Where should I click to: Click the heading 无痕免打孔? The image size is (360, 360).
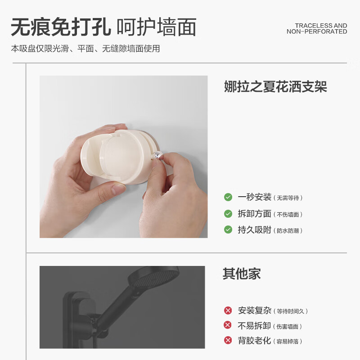point(61,27)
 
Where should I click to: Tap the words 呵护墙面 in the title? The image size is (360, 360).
point(156,27)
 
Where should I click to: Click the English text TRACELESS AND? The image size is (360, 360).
point(321,26)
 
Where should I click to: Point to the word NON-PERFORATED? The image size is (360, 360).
point(317,32)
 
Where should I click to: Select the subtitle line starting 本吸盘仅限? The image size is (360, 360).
point(85,49)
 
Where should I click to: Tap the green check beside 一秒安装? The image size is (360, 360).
point(228,197)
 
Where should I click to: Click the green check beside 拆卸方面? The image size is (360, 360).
point(228,214)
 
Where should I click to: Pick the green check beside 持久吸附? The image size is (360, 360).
point(228,230)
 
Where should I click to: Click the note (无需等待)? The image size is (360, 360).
point(289,198)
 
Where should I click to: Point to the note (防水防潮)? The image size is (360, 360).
point(288,231)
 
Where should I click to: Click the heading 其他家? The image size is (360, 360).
point(242,274)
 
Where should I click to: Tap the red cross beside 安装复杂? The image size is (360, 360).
point(228,310)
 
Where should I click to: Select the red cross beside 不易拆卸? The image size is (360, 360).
point(228,325)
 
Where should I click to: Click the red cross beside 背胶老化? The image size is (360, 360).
point(228,341)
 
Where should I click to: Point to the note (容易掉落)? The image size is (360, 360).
point(288,341)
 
